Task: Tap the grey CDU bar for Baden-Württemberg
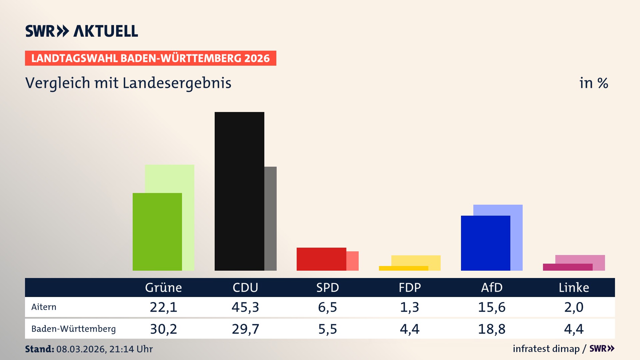271,218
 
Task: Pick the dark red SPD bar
321,259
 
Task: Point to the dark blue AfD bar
485,243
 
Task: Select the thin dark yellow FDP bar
403,268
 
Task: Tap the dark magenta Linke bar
568,267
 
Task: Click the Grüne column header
163,287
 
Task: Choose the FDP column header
410,287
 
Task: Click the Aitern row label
44,307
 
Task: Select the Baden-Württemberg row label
73,329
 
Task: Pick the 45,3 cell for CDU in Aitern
245,307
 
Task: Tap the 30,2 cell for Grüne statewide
163,329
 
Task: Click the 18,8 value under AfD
492,329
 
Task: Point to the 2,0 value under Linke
574,307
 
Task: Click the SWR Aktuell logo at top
82,31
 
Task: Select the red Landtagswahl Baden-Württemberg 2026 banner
150,58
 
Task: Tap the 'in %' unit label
593,83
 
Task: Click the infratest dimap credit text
546,349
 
